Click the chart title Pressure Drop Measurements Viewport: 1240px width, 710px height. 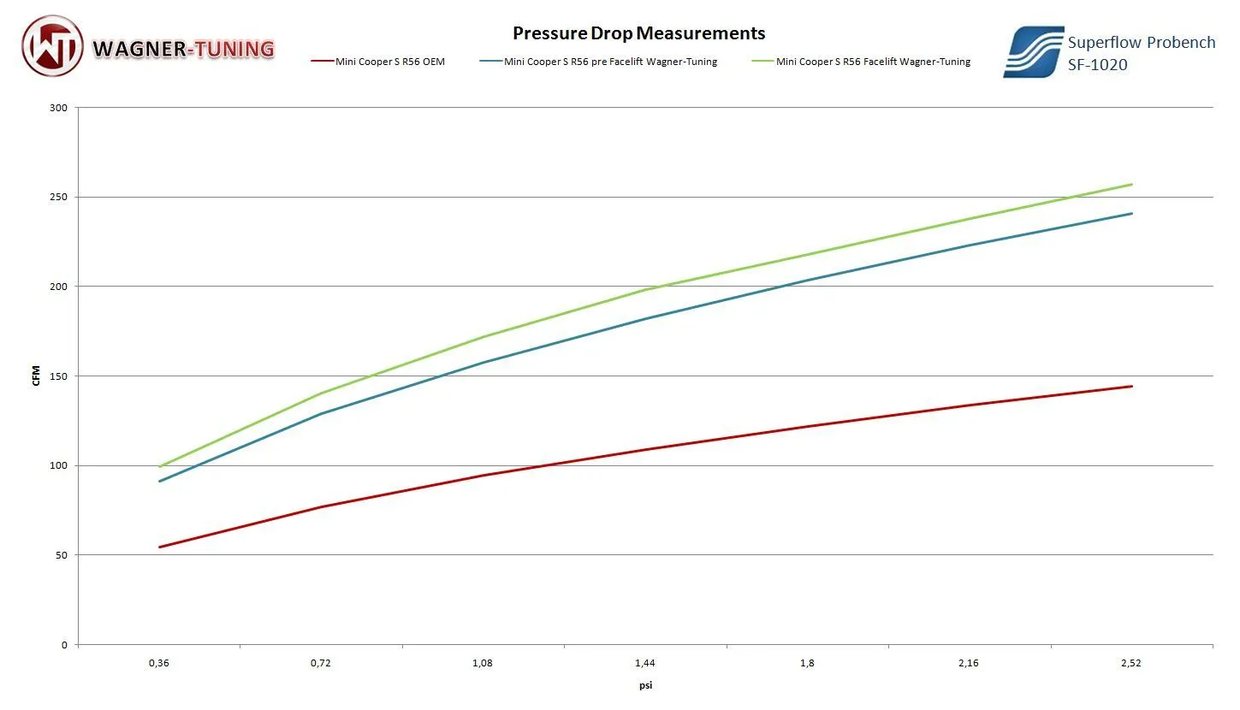click(x=638, y=33)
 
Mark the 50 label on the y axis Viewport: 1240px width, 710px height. click(x=62, y=555)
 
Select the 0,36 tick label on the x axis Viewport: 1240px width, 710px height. click(x=159, y=663)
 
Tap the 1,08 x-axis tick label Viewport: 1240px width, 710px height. click(x=484, y=663)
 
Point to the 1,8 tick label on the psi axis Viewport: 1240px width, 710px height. click(x=807, y=663)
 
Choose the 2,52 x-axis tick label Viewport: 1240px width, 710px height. click(x=1131, y=663)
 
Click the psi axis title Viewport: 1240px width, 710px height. click(x=645, y=685)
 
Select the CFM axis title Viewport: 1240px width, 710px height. click(x=36, y=376)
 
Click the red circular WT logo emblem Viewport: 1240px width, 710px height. click(x=52, y=46)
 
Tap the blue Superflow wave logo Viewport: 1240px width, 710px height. click(x=1033, y=52)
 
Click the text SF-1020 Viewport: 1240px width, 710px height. click(x=1097, y=64)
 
